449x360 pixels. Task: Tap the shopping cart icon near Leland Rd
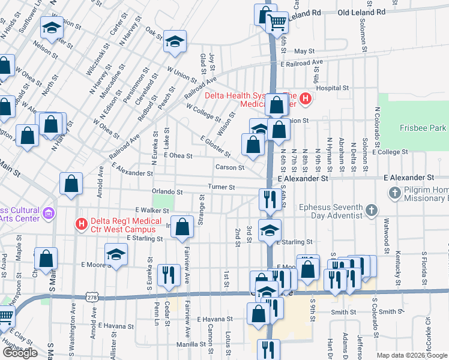click(277, 23)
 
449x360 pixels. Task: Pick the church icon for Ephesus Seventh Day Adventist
click(372, 210)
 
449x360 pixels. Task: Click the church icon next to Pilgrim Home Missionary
click(395, 193)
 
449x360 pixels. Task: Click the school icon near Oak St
click(175, 41)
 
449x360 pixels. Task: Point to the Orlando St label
click(167, 192)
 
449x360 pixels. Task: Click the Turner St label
click(221, 187)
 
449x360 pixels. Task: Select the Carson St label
click(231, 167)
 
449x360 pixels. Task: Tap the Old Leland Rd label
click(361, 12)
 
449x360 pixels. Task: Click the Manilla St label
click(191, 344)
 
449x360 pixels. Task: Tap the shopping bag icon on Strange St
click(182, 227)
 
